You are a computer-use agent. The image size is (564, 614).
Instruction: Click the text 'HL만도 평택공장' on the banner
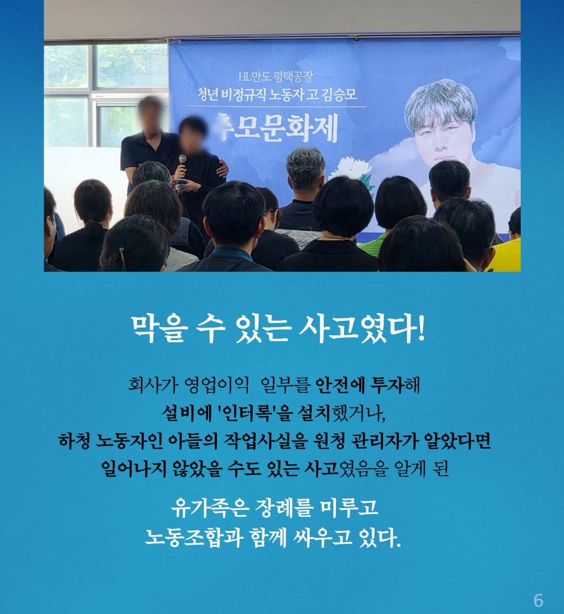click(x=276, y=77)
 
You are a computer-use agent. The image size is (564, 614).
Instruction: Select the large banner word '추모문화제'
click(x=277, y=128)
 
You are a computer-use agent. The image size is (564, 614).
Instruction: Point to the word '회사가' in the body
click(x=153, y=385)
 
